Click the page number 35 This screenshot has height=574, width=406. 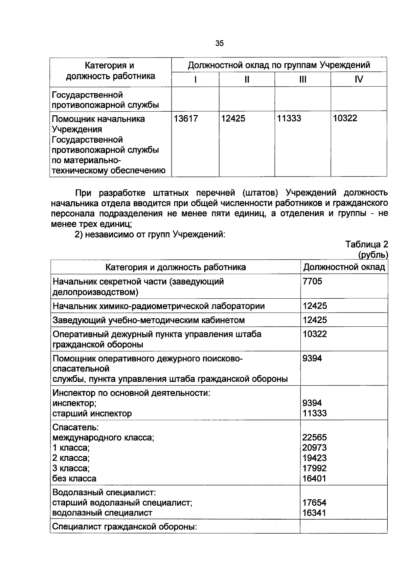220,43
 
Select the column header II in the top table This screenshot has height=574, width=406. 247,79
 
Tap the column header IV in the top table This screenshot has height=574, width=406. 359,79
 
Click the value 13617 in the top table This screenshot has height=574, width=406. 186,119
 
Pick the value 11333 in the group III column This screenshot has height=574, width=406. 289,119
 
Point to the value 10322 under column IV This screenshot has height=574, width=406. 345,119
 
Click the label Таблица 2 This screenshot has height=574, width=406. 366,244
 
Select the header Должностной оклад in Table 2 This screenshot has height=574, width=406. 344,267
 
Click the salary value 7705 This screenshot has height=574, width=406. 313,281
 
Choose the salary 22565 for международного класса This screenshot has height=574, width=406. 315,438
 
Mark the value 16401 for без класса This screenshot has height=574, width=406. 315,479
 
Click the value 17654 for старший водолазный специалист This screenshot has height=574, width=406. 315,503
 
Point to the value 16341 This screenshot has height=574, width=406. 315,513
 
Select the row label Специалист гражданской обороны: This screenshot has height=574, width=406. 125,527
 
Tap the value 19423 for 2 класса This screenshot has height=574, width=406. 315,458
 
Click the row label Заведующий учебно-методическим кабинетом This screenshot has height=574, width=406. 149,320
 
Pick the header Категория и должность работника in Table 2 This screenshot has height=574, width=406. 176,267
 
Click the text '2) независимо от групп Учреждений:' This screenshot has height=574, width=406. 150,234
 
